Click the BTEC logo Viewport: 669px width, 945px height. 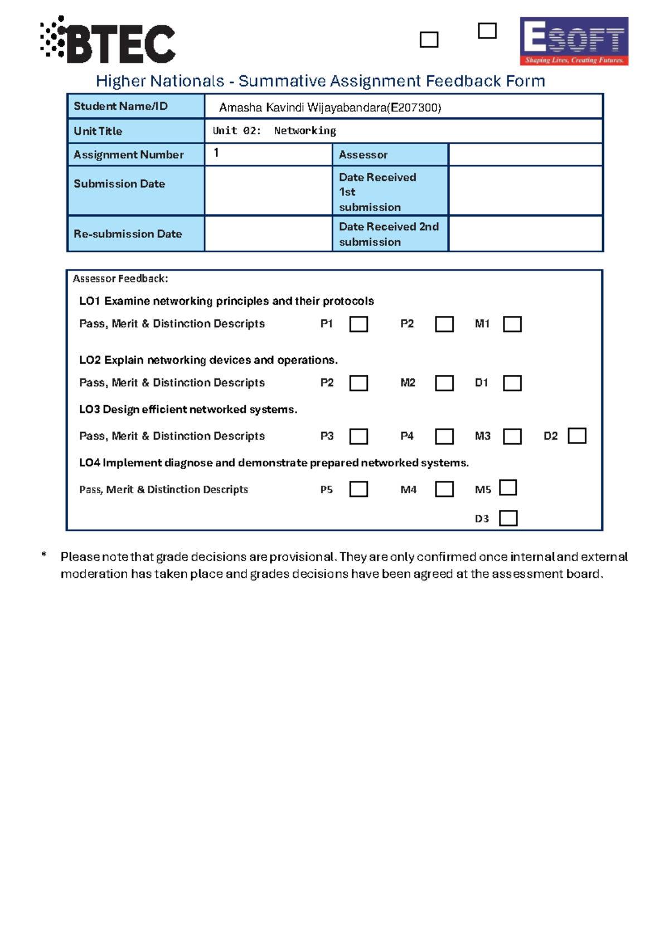coord(108,41)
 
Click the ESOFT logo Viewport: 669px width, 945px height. coord(574,41)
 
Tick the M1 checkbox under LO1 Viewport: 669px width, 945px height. coord(512,324)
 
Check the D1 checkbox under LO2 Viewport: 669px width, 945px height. coord(512,383)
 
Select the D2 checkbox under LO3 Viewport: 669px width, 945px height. coord(576,436)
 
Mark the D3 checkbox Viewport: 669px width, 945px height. coord(508,518)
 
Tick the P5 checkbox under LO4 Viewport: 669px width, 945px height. coord(358,489)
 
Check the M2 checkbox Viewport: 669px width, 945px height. coord(444,383)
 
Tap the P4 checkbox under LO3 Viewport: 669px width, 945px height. coord(444,436)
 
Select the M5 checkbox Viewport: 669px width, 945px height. coord(508,488)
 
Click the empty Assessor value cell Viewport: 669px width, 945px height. coord(525,154)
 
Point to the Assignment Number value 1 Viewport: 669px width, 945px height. coord(216,153)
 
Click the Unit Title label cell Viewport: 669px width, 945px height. coord(135,131)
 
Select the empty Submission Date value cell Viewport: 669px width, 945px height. coord(268,191)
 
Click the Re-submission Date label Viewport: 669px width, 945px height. coord(128,234)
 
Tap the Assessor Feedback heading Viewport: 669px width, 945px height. coord(120,279)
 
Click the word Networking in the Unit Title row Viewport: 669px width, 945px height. coord(305,131)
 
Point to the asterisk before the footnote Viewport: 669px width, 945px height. coord(43,555)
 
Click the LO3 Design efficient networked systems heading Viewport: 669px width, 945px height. coord(188,410)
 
